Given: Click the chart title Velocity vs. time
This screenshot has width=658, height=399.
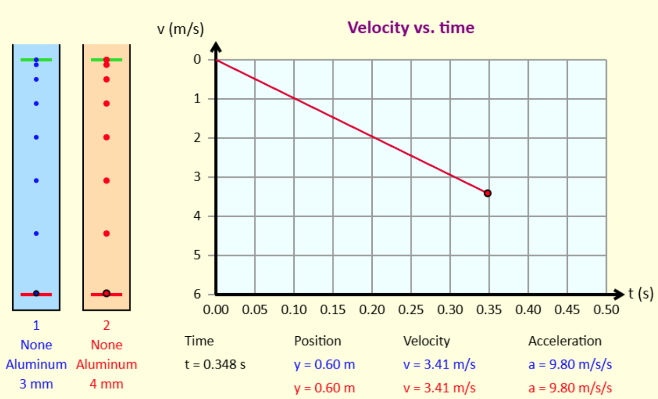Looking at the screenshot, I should point(411,28).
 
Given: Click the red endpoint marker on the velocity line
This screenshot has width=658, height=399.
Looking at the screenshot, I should point(487,193).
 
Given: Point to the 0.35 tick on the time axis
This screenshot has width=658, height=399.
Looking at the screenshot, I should point(489,310).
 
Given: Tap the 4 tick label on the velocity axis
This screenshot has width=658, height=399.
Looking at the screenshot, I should point(197,216).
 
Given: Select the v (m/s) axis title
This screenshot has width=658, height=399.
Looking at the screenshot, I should point(181,30).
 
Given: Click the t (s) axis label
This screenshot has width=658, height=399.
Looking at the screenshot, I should point(641,294).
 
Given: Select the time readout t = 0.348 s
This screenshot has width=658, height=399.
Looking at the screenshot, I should point(215,364).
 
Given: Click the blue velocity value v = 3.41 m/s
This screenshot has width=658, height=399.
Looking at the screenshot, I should point(439,364).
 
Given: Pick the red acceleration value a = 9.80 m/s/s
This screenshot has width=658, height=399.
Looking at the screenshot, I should point(570,388).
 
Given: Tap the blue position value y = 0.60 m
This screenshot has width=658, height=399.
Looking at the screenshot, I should point(324,364).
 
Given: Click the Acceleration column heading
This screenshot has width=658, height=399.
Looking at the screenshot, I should point(564,341).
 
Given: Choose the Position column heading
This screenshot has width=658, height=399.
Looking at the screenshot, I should point(318,341).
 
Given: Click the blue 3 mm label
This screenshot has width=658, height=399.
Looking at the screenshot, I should point(36,384).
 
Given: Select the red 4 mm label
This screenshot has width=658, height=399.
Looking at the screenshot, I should point(106,384).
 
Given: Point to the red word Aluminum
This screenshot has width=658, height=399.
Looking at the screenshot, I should point(106,364).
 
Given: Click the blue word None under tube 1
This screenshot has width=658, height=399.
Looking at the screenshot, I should point(36,345).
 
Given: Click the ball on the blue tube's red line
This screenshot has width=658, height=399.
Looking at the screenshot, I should point(36,294).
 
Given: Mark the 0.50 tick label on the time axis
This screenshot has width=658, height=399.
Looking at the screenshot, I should point(606,310).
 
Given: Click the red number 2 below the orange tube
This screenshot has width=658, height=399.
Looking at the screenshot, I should point(106,325).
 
